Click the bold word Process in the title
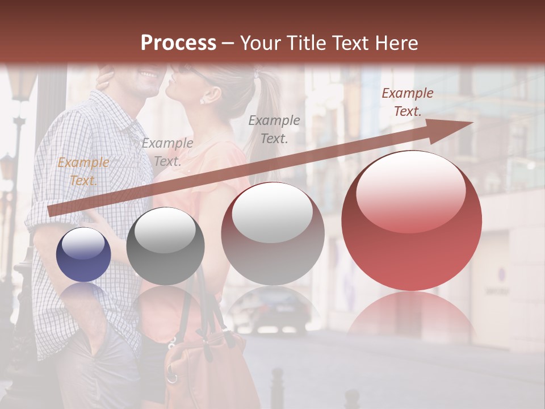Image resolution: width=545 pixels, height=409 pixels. tap(178, 43)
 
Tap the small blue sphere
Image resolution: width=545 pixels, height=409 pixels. tap(83, 254)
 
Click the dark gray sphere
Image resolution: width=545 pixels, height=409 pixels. tap(165, 246)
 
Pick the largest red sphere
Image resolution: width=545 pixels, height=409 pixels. tap(412, 220)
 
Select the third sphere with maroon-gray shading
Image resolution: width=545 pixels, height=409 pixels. tap(273, 233)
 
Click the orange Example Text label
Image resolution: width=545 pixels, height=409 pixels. tap(83, 172)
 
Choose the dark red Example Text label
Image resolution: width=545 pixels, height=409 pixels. tap(407, 102)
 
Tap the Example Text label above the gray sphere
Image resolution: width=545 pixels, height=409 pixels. tap(167, 152)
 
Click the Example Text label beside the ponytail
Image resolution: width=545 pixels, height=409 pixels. tap(274, 129)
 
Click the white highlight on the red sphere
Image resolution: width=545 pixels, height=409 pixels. tap(410, 190)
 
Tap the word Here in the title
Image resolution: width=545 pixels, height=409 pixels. tap(398, 43)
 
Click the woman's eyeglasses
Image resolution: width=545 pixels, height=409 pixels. tap(187, 71)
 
